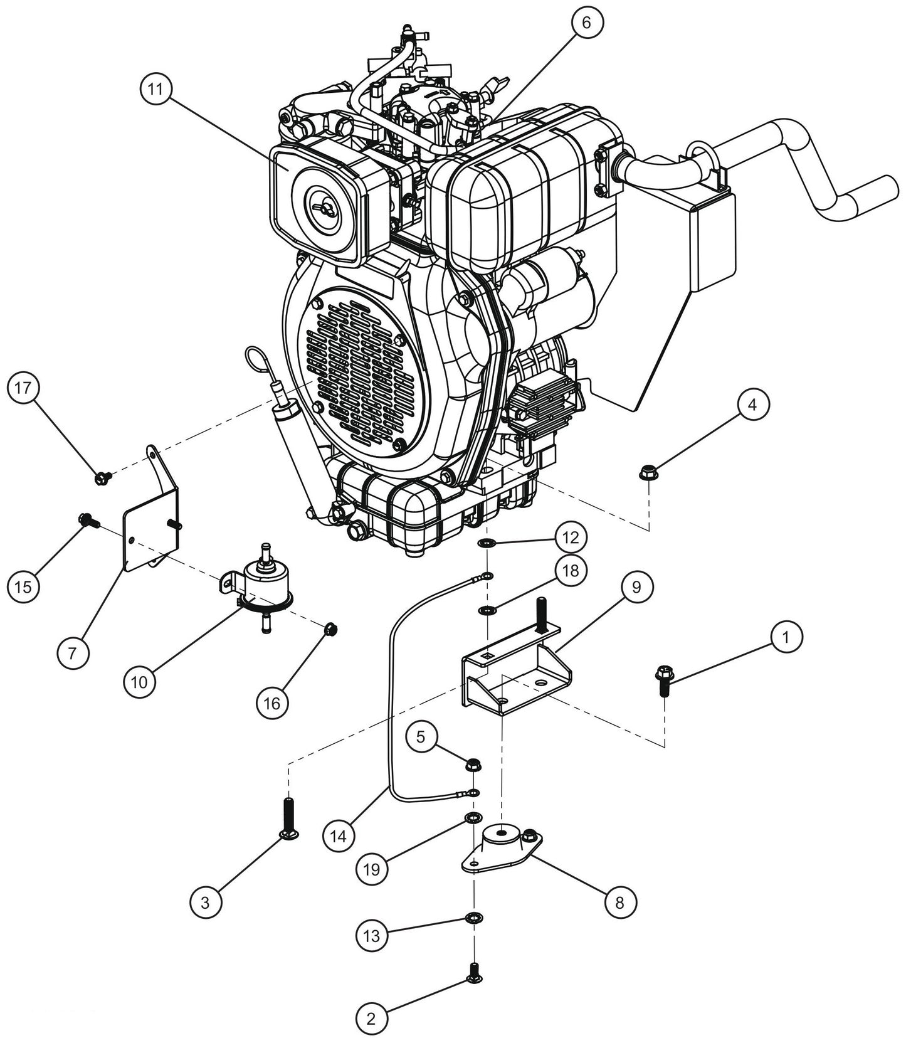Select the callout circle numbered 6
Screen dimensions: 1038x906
tap(586, 23)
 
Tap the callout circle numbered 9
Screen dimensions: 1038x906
tap(636, 587)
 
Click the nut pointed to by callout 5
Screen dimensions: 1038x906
tap(474, 765)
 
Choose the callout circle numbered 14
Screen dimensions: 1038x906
tap(339, 837)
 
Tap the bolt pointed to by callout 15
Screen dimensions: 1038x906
tap(86, 519)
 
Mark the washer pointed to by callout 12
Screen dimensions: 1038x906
tap(485, 542)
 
